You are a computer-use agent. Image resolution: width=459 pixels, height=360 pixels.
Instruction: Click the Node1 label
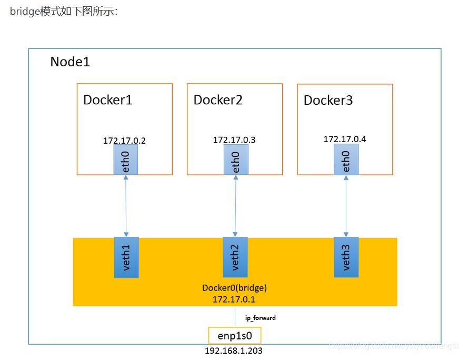point(70,62)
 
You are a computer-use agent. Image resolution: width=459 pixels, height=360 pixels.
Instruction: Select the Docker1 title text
point(107,99)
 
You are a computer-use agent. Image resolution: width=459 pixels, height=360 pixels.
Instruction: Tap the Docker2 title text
point(218,99)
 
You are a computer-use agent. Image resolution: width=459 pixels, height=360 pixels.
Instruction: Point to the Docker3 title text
point(328,100)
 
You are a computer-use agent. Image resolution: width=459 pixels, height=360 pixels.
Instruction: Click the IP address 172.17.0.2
point(124,141)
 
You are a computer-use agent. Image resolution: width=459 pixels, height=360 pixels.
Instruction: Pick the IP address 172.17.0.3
point(234,140)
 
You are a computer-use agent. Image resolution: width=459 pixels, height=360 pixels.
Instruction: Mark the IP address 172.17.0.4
point(345,139)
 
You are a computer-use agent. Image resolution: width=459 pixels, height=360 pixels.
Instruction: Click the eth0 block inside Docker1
point(126,160)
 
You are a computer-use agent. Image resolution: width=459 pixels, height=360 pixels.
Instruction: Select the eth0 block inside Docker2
point(235,160)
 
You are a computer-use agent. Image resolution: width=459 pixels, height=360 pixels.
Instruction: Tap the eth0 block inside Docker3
point(346,159)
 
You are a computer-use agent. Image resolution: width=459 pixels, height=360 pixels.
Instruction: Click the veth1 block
point(126,257)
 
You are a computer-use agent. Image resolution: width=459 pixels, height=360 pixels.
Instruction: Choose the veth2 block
point(235,257)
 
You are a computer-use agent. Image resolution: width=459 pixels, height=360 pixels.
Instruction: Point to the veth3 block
point(346,257)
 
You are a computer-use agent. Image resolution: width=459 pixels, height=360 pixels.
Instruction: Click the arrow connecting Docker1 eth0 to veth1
point(126,206)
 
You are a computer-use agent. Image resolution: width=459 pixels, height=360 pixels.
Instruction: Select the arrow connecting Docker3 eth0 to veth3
point(346,206)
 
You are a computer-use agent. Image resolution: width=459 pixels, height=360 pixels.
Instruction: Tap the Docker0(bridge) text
point(235,288)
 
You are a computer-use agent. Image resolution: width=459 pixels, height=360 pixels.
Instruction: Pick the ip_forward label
point(261,318)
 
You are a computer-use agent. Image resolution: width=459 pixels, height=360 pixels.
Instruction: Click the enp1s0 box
point(235,335)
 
